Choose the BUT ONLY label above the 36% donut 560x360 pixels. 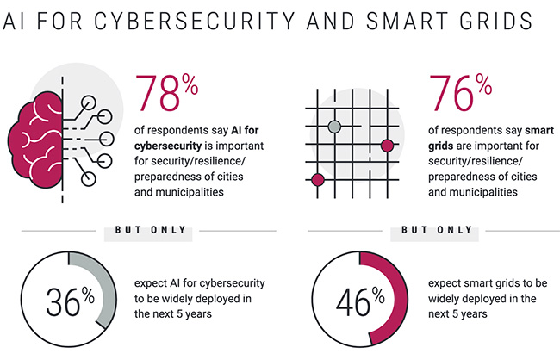point(150,230)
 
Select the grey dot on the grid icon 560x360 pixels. point(334,127)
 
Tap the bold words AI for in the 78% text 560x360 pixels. point(244,130)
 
